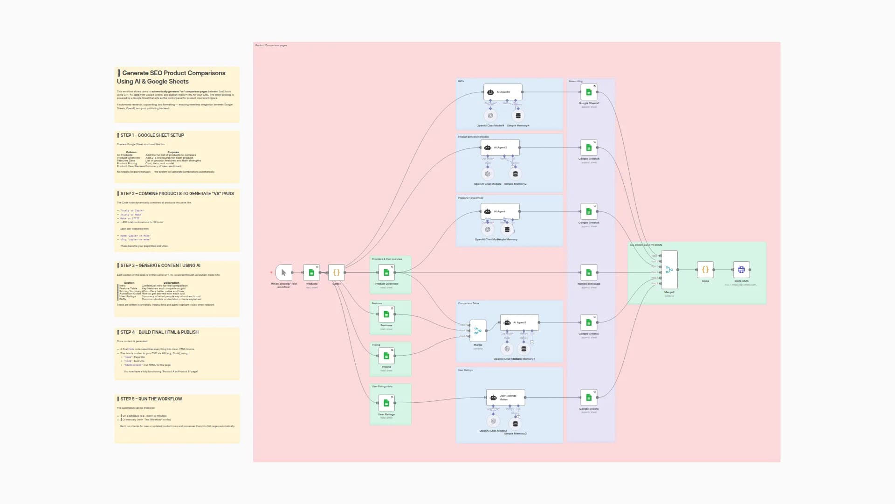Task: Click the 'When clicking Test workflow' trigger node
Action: (x=283, y=273)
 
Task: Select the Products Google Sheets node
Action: (x=311, y=273)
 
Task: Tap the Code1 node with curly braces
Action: (x=336, y=273)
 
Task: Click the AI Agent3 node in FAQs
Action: (x=503, y=92)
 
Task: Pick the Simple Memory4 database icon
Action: (x=518, y=115)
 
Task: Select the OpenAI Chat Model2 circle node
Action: (x=488, y=174)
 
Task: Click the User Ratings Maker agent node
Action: (x=505, y=398)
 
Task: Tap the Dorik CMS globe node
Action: (x=741, y=270)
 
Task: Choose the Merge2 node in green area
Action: (x=669, y=270)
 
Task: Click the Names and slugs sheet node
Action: (x=589, y=273)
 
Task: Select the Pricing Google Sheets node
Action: (x=386, y=356)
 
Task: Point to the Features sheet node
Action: (x=386, y=314)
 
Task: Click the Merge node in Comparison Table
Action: (x=478, y=331)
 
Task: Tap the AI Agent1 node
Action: (x=519, y=322)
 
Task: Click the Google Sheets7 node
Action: (x=589, y=322)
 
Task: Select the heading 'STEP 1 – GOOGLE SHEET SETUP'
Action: (x=152, y=135)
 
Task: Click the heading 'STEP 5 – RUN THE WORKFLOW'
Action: (x=151, y=399)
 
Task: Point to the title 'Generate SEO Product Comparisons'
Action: (x=173, y=73)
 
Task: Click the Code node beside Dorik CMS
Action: (x=705, y=270)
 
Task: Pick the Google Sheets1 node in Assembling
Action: (x=589, y=92)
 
